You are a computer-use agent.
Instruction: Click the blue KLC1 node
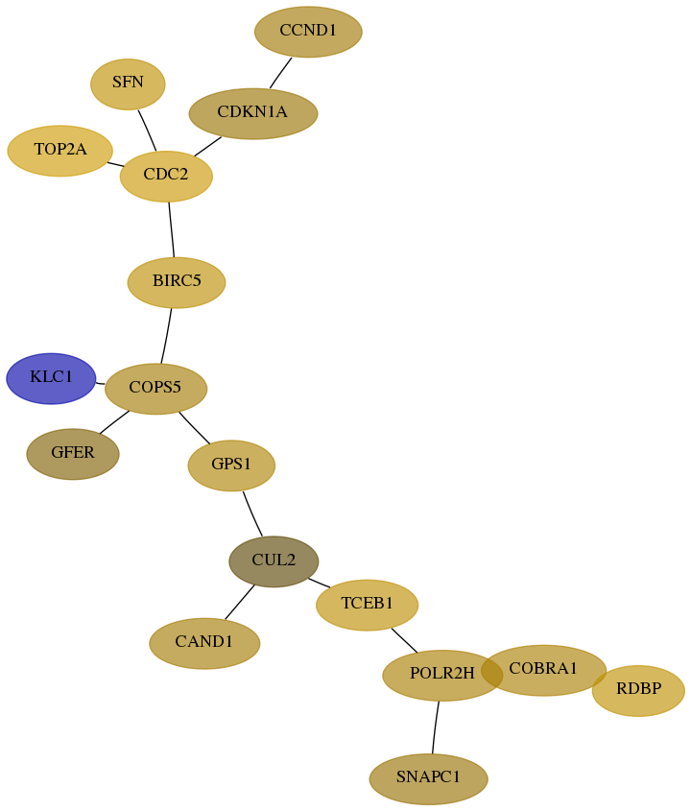pyautogui.click(x=51, y=378)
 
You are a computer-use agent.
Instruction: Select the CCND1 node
pyautogui.click(x=308, y=32)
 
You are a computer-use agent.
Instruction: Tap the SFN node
pyautogui.click(x=128, y=84)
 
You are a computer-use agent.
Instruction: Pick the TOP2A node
pyautogui.click(x=60, y=151)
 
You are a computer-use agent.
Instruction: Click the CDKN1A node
pyautogui.click(x=253, y=114)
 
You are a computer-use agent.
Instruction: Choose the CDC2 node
pyautogui.click(x=166, y=177)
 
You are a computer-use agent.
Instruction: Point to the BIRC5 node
pyautogui.click(x=177, y=282)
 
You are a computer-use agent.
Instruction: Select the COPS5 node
pyautogui.click(x=155, y=389)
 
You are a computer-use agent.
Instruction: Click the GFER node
pyautogui.click(x=73, y=454)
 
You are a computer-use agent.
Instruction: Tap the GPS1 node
pyautogui.click(x=231, y=465)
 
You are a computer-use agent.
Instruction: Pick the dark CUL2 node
pyautogui.click(x=274, y=561)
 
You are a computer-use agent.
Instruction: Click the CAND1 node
pyautogui.click(x=204, y=643)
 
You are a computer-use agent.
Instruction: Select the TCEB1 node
pyautogui.click(x=368, y=606)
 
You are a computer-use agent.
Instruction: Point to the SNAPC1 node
pyautogui.click(x=428, y=779)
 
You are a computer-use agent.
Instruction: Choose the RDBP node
pyautogui.click(x=638, y=690)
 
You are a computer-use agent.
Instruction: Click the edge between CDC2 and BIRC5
pyautogui.click(x=171, y=229)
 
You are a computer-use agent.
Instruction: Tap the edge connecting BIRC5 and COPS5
pyautogui.click(x=167, y=336)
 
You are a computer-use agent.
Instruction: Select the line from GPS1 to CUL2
pyautogui.click(x=252, y=514)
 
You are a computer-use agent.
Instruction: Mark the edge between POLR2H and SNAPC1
pyautogui.click(x=436, y=728)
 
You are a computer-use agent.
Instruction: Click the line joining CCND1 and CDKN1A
pyautogui.click(x=281, y=73)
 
